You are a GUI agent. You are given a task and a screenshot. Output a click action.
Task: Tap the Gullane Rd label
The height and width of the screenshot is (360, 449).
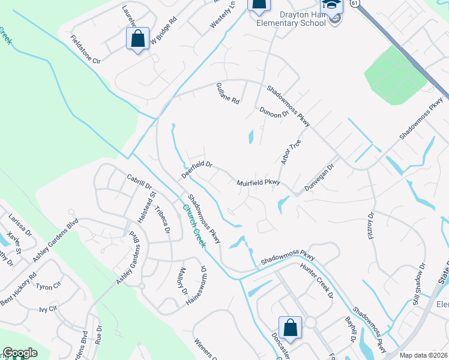pyautogui.click(x=228, y=93)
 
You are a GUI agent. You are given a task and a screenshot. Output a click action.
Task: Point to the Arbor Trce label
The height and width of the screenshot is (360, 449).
pyautogui.click(x=290, y=152)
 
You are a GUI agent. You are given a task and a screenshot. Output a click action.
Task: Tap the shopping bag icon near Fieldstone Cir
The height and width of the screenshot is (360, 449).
pyautogui.click(x=137, y=39)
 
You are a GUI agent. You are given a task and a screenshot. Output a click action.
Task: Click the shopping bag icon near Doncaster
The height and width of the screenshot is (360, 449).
pyautogui.click(x=290, y=328)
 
